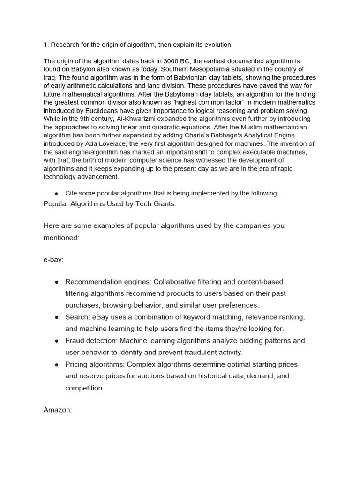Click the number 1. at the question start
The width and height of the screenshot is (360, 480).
pyautogui.click(x=46, y=45)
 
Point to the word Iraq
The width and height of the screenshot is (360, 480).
pyautogui.click(x=50, y=78)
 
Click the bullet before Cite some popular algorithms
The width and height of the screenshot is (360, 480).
pyautogui.click(x=56, y=193)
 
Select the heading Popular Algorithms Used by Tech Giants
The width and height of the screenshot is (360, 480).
pyautogui.click(x=110, y=203)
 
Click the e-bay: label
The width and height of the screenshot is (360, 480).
pyautogui.click(x=53, y=260)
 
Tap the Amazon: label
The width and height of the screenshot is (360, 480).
pyautogui.click(x=58, y=410)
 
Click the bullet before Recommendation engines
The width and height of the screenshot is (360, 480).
pyautogui.click(x=56, y=282)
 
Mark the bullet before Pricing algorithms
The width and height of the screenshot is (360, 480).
pyautogui.click(x=56, y=364)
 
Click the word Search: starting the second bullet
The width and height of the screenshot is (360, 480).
pyautogui.click(x=77, y=317)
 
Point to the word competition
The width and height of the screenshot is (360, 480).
pyautogui.click(x=84, y=388)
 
